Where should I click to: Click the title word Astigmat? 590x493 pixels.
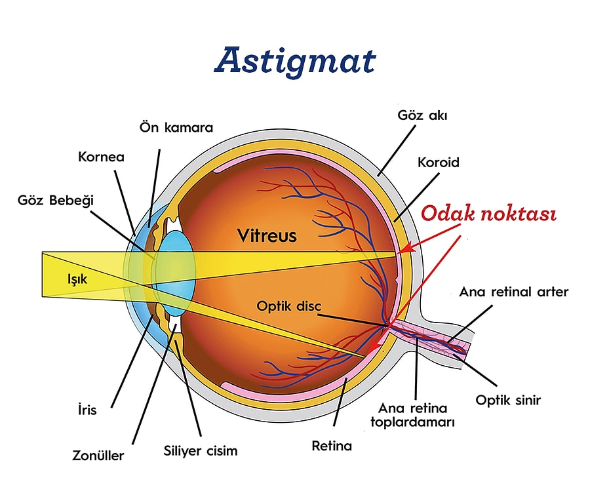[x=295, y=60]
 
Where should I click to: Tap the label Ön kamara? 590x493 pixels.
[x=176, y=127]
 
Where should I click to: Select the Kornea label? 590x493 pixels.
[x=101, y=157]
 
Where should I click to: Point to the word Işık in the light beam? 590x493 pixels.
[x=77, y=278]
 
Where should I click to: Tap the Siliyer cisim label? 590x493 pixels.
[x=200, y=451]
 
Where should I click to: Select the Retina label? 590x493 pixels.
[x=332, y=446]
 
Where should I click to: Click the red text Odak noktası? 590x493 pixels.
[x=488, y=214]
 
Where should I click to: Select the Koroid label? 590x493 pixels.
[x=439, y=162]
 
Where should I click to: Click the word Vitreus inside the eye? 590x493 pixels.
[x=267, y=235]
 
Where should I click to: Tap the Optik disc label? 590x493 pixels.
[x=289, y=306]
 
